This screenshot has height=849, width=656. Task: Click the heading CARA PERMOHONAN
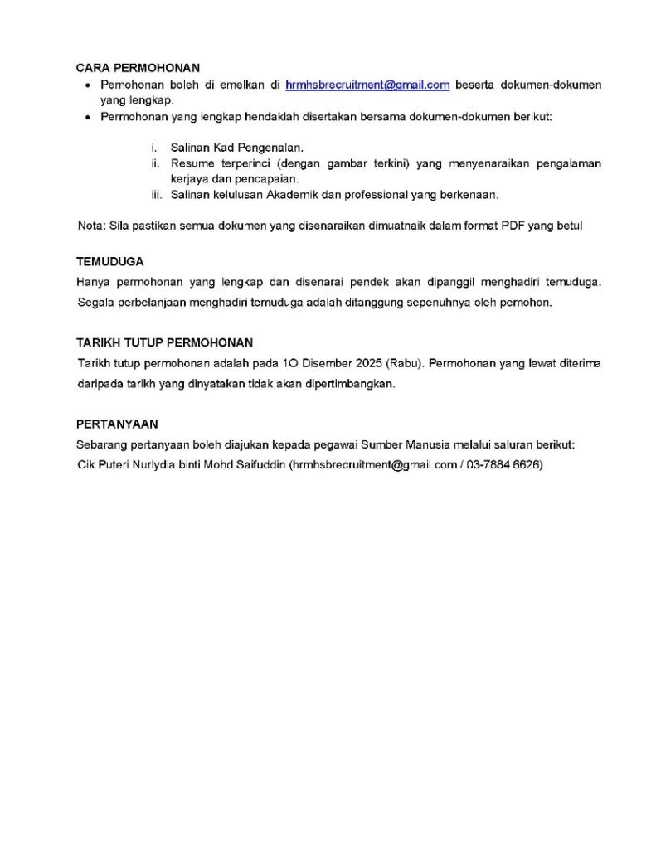coord(138,68)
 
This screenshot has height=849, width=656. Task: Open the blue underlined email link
coord(367,85)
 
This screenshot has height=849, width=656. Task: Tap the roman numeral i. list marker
coord(154,147)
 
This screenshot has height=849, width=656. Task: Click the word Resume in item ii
coord(191,163)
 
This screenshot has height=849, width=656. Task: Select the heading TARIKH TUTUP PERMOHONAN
coord(164,342)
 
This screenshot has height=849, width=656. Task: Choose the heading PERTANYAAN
coord(117,423)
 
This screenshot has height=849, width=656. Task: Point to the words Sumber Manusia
coord(430,445)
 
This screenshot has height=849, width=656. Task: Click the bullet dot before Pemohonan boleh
coord(90,85)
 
